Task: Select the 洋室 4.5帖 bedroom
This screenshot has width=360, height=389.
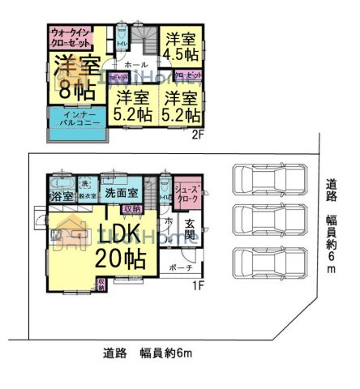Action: [180, 47]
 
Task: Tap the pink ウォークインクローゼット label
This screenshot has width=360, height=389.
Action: [71, 38]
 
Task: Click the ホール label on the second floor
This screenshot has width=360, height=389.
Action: [135, 62]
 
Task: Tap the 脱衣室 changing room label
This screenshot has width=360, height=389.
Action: [87, 195]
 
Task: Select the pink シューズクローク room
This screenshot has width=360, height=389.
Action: [188, 191]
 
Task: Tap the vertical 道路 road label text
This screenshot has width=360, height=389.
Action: [332, 191]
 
